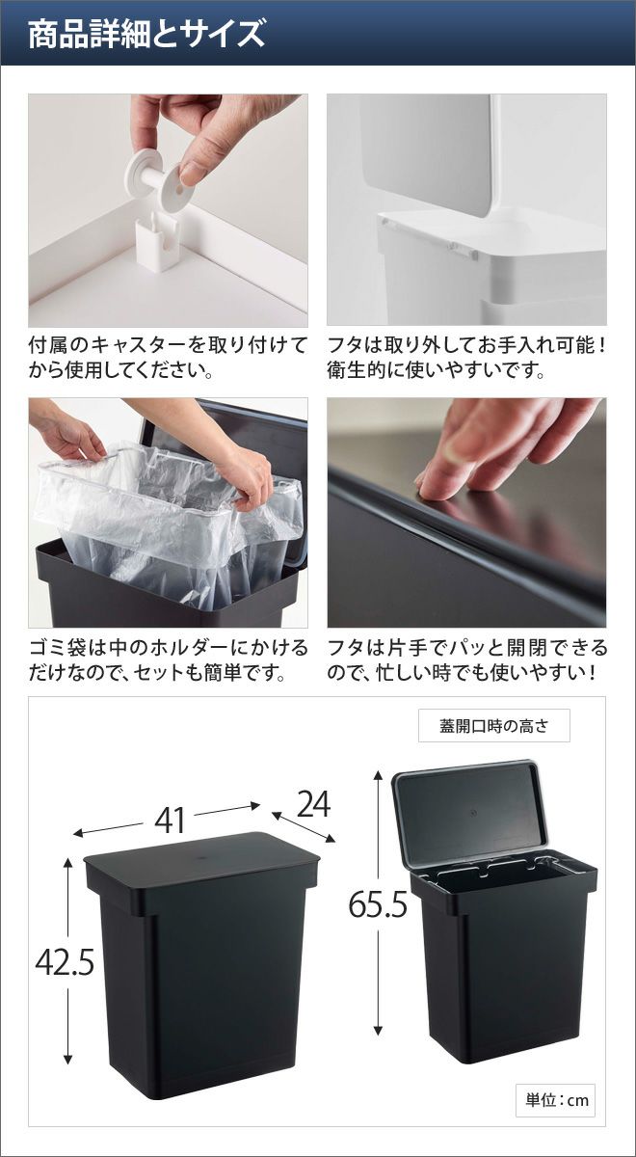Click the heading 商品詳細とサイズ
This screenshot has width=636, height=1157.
coord(146,34)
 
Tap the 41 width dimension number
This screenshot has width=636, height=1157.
coord(170,821)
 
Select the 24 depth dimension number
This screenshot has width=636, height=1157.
coord(313,804)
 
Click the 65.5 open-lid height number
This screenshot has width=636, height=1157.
coord(378,904)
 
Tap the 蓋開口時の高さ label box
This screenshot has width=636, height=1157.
coord(494,726)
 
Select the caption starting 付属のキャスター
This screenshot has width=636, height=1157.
coord(168,358)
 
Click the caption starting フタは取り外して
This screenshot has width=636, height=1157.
coord(466,358)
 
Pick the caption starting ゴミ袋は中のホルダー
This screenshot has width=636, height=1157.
coord(168,659)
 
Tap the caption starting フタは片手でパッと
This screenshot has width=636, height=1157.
coord(466,659)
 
